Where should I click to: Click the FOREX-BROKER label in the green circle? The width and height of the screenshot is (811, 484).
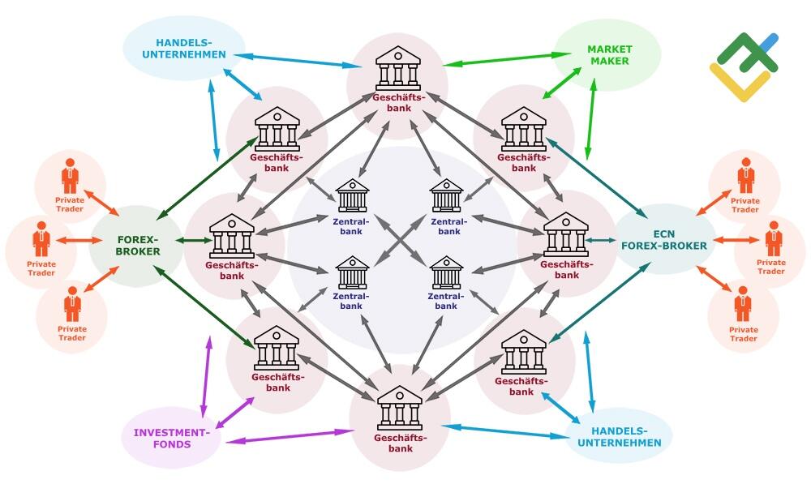139,246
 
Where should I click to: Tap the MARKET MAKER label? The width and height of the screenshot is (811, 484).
609,55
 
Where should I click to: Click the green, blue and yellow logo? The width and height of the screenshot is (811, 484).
743,67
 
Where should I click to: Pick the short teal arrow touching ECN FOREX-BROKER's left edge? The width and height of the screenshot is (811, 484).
600,239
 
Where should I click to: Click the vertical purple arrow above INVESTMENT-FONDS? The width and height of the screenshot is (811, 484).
208,368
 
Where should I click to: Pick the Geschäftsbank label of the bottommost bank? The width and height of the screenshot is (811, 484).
399,443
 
